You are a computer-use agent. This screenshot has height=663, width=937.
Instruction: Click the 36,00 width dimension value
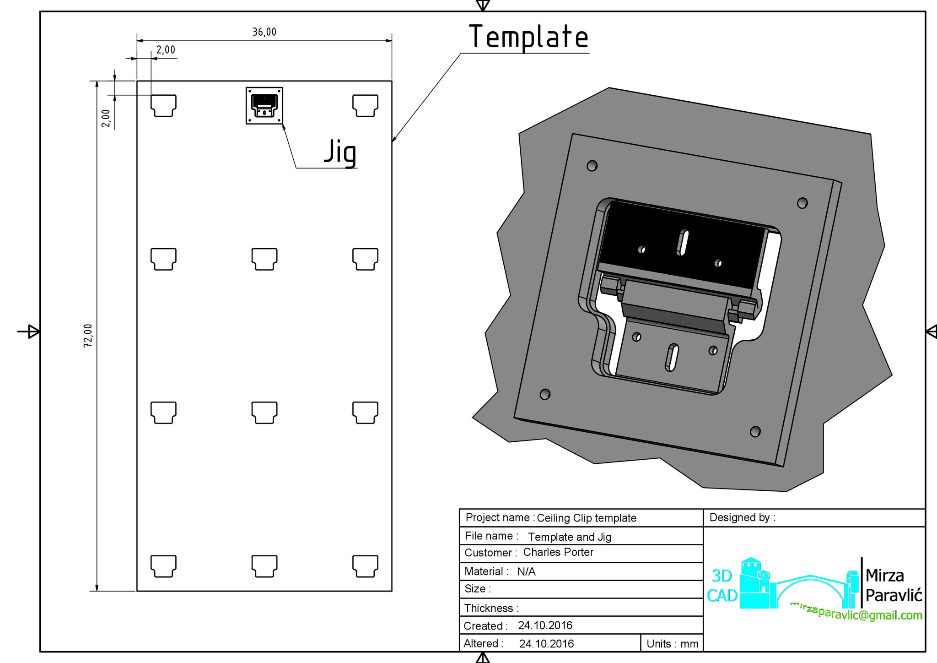[264, 32]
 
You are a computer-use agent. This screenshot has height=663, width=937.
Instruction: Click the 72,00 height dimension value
[88, 336]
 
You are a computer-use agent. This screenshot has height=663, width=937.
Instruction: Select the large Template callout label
[528, 37]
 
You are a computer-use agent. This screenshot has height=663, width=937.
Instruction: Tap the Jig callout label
[340, 152]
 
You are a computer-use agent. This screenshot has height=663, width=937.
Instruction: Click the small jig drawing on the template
[264, 106]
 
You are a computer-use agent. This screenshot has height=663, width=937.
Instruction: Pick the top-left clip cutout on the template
[163, 105]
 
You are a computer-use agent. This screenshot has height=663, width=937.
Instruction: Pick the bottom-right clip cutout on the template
[365, 566]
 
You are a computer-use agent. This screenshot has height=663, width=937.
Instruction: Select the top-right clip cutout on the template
[365, 105]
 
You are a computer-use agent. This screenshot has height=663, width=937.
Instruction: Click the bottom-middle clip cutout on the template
[264, 566]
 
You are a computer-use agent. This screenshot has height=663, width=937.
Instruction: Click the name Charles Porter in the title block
[558, 552]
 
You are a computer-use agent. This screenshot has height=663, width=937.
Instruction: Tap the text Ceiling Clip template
[586, 518]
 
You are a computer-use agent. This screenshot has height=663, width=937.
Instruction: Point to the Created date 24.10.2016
[545, 625]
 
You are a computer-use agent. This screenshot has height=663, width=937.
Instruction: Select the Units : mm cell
[672, 644]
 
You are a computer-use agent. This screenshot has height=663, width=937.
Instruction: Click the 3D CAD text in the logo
[722, 586]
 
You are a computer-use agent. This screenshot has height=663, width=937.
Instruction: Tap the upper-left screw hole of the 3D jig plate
[592, 165]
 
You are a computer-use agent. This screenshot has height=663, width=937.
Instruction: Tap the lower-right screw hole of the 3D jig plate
[755, 431]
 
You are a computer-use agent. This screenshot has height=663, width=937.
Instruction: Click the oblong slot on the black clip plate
[682, 242]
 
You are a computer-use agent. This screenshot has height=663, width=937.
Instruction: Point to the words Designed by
[742, 518]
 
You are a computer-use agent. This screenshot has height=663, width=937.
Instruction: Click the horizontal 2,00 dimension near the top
[166, 50]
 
